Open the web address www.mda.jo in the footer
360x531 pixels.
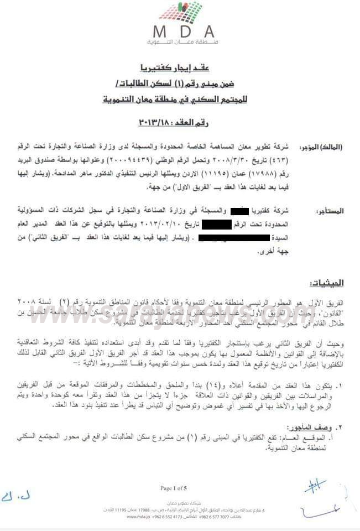tap(139, 517)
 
